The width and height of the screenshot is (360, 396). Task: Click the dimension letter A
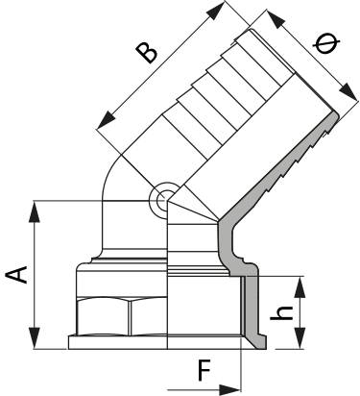point(16,274)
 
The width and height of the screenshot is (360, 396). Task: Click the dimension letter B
point(146,52)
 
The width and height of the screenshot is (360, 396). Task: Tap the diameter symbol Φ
point(326,44)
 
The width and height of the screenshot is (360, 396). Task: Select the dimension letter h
point(281,313)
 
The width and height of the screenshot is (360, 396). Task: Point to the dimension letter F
point(204,371)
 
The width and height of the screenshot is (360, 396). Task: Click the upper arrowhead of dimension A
point(35,211)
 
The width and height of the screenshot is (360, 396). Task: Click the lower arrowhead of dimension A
point(35,338)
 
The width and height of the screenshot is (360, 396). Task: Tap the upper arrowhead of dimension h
point(300,287)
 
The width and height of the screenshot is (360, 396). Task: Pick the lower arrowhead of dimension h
point(300,338)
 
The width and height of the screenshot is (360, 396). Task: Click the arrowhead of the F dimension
point(229,390)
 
